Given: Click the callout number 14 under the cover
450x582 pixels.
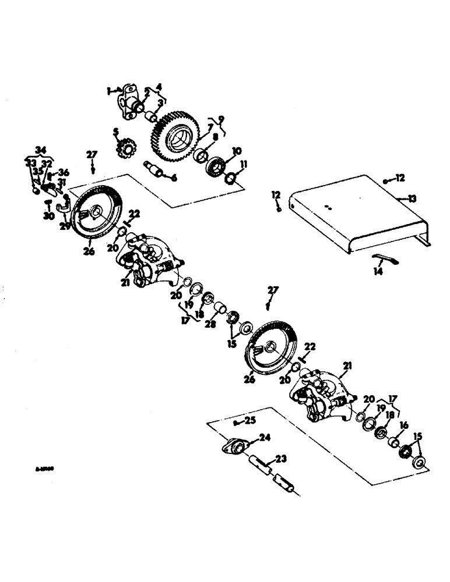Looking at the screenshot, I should [379, 271].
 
